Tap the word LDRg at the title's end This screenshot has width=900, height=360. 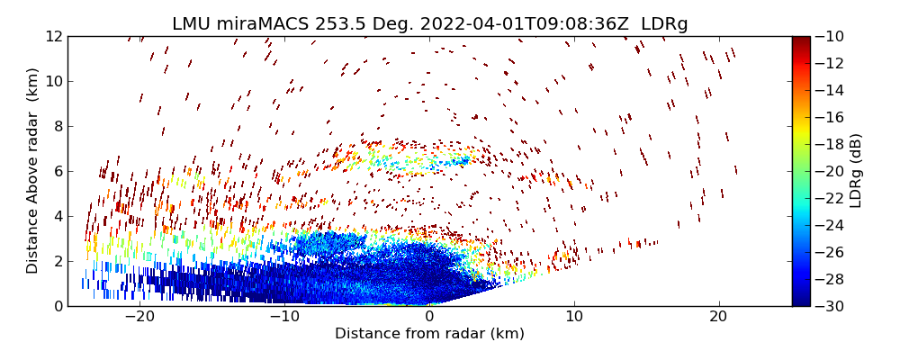coord(664,24)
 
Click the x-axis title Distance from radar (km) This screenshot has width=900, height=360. coord(429,334)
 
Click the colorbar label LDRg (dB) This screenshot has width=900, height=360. coord(856,171)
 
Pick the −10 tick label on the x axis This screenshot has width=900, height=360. coord(284,317)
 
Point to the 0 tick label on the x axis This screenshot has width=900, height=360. coord(429,317)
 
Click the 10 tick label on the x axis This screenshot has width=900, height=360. coord(573,317)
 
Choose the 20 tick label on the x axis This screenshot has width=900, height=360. coord(718,317)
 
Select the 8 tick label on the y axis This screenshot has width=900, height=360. coord(57,126)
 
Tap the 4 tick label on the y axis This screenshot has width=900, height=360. coord(57,216)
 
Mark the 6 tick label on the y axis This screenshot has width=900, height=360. coord(57,171)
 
